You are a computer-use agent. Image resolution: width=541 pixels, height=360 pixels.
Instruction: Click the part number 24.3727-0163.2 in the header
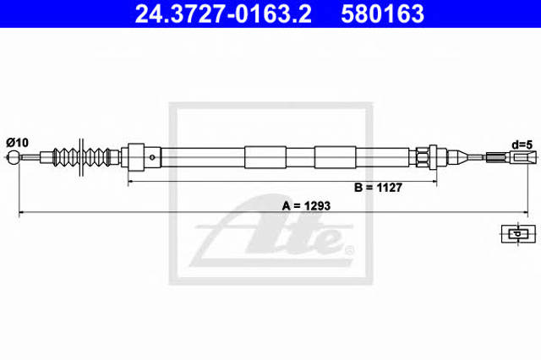point(223,14)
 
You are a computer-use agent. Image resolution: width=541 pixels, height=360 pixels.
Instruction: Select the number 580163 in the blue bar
point(382,14)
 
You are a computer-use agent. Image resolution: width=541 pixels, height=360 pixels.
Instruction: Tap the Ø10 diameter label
point(17,143)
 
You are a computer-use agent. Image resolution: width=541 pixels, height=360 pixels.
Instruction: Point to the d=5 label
point(522,145)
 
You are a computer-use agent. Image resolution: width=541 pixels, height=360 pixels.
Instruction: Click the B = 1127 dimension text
point(378,188)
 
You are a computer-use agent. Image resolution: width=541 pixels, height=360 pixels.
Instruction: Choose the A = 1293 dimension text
point(306,206)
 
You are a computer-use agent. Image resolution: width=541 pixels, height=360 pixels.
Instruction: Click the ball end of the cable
point(14,157)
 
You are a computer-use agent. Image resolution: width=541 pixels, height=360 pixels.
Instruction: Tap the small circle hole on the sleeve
point(152,157)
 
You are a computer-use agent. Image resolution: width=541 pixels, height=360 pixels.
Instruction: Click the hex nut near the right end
point(423,157)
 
